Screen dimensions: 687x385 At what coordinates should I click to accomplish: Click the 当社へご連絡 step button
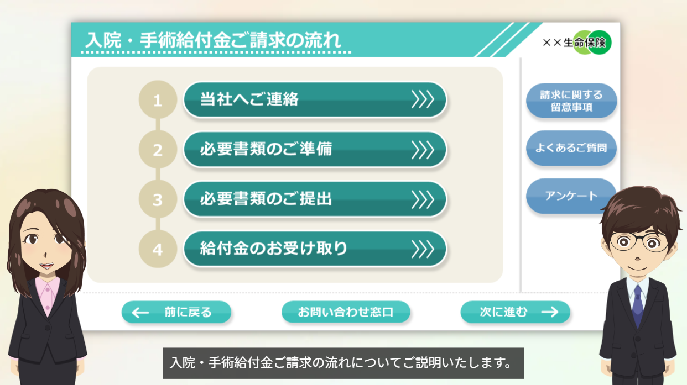pos(315,99)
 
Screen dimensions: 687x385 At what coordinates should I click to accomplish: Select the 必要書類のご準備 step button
pos(315,150)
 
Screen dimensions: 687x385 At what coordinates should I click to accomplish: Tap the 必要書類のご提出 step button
pos(315,199)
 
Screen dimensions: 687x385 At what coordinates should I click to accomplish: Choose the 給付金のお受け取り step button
pos(315,249)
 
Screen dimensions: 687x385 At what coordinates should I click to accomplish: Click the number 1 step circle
pos(158,99)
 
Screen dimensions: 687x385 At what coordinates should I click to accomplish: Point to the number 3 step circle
pos(158,199)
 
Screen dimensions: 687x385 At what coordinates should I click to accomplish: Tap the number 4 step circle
pos(158,249)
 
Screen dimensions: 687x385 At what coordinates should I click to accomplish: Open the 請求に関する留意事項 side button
pos(571,101)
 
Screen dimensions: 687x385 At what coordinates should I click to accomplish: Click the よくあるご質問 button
pos(571,148)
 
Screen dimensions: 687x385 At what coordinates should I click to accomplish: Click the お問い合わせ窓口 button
pos(346,312)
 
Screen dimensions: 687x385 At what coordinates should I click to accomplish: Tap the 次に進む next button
pos(516,312)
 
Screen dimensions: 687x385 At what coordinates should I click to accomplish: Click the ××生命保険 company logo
pos(577,43)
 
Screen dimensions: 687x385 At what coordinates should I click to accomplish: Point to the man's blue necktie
pos(638,306)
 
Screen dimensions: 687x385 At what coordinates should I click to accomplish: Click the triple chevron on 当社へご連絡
pos(423,99)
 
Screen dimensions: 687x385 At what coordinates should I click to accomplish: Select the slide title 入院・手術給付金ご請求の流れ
pos(213,40)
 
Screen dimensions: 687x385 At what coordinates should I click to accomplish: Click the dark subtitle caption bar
pos(343,363)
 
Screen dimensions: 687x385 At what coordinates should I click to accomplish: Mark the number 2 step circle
pos(158,150)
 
